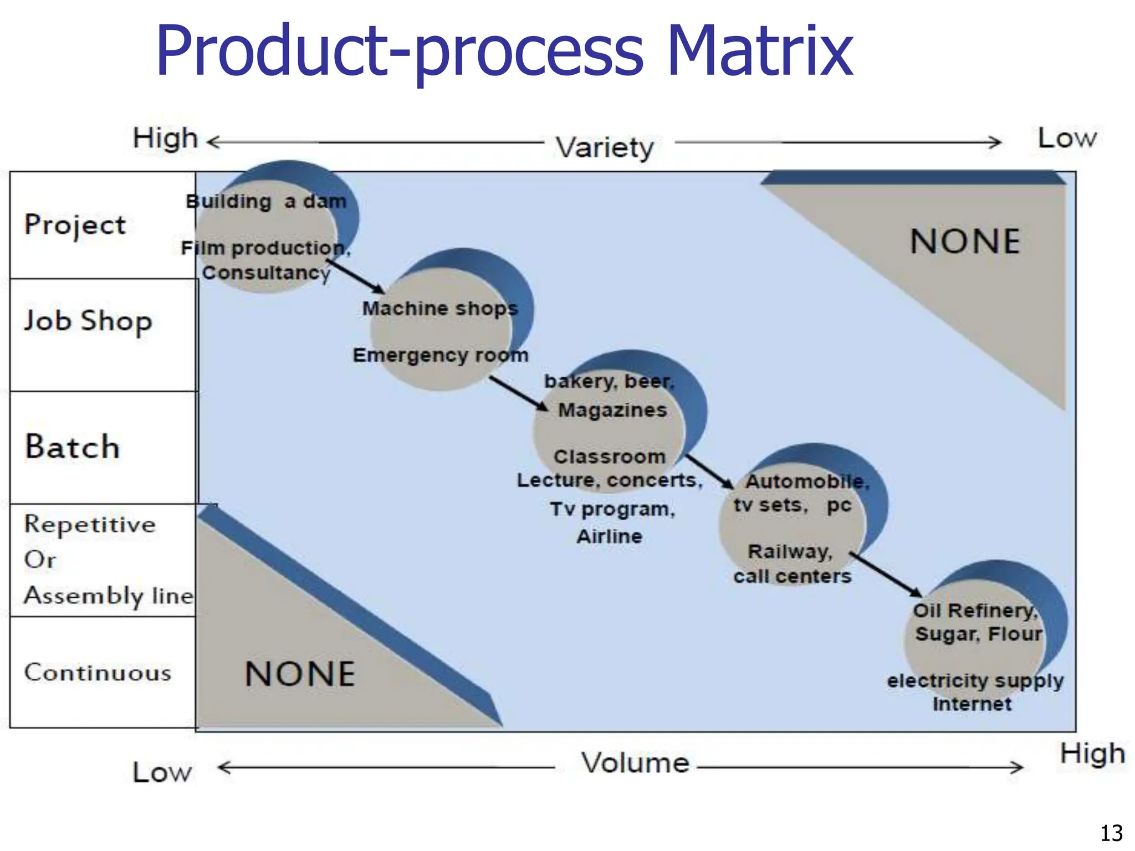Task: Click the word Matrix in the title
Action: pos(759,51)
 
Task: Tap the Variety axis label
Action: pos(605,147)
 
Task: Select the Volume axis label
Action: pos(635,763)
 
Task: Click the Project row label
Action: pos(75,225)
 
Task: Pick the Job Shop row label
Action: pos(88,321)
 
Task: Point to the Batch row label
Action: pos(72,447)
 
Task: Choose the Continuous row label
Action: pos(98,673)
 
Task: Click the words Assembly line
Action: pos(109,596)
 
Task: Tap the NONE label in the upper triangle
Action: pos(965,242)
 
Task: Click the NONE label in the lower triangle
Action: pos(300,674)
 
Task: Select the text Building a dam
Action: pos(266,202)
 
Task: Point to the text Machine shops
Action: pos(440,309)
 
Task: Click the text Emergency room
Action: pos(441,355)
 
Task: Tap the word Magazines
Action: pos(612,410)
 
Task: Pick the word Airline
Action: pos(609,536)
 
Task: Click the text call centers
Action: pos(792,576)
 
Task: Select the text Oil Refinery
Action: pos(975,611)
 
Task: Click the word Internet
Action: pos(972,704)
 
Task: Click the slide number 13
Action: pos(1111,833)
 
